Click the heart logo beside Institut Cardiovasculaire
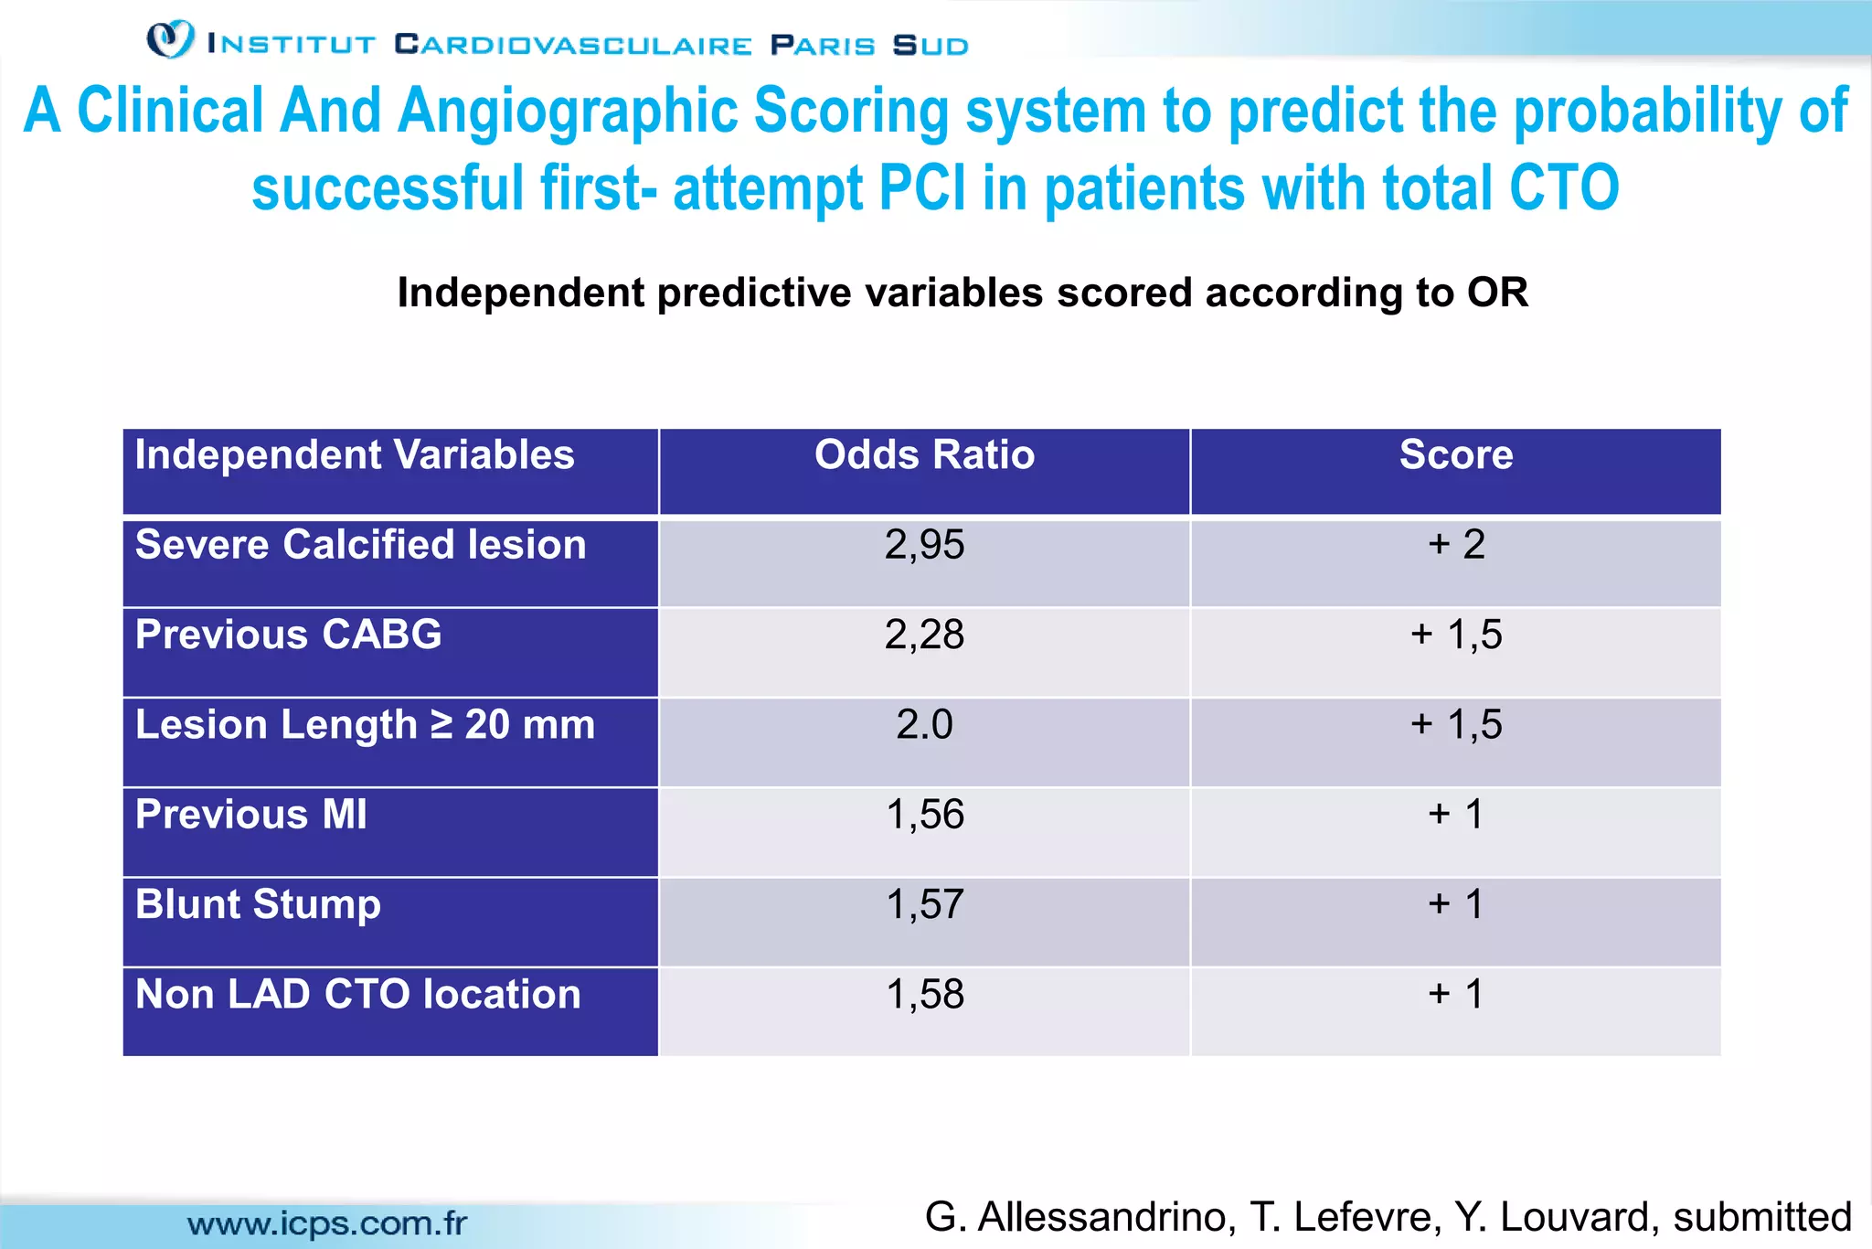171,39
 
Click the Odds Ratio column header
924,454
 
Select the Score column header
1456,454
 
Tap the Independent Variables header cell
355,454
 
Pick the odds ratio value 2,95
924,545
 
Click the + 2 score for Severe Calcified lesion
1456,545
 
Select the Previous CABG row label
288,635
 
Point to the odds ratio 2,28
924,635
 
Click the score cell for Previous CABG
1456,635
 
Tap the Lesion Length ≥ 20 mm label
365,725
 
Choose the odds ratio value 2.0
924,725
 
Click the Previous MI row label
251,815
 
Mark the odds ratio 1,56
924,815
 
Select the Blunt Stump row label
258,904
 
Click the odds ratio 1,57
924,904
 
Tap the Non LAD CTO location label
357,994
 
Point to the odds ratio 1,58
924,994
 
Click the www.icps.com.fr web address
326,1223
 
